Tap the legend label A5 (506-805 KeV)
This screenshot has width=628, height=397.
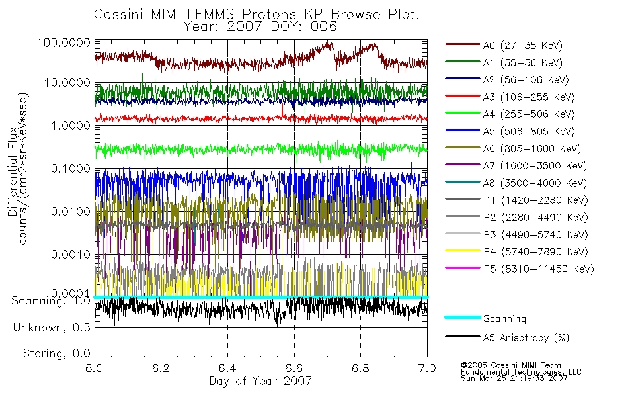(x=529, y=132)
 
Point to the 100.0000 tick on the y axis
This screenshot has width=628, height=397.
(x=63, y=42)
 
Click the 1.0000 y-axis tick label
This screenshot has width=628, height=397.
(x=71, y=126)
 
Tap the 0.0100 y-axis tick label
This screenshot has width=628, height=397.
(x=71, y=211)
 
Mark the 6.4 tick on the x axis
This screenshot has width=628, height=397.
(x=227, y=368)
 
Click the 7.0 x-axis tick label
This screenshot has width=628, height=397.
(x=427, y=368)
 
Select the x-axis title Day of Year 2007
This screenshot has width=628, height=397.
(x=260, y=381)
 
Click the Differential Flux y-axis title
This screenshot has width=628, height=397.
(x=13, y=171)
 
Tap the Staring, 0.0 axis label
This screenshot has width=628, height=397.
(x=56, y=353)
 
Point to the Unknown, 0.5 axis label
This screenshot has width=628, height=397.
(x=52, y=328)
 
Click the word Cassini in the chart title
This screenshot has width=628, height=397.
(x=120, y=15)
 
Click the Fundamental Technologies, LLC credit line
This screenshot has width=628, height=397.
(x=521, y=371)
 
